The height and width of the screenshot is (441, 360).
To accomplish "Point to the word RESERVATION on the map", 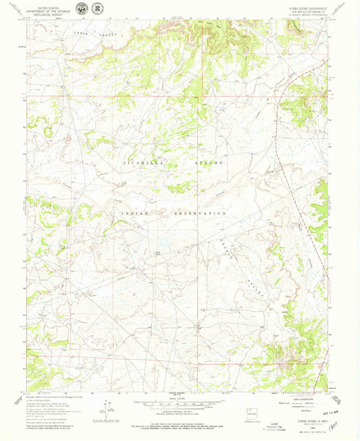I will click(200, 213).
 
